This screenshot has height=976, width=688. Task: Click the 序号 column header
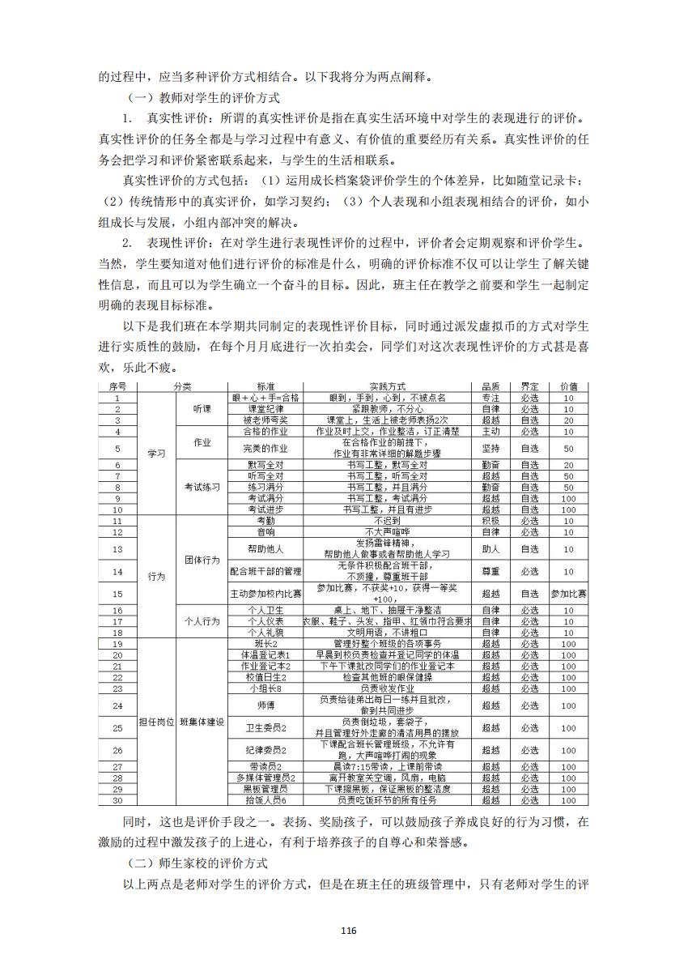[118, 387]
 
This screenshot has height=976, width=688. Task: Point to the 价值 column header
[568, 387]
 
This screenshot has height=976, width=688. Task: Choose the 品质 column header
[491, 387]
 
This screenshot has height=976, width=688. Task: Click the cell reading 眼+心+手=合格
[265, 398]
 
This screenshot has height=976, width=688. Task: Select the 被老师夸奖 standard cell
[265, 420]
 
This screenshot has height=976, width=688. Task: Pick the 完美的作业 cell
[265, 448]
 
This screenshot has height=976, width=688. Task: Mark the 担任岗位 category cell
[157, 722]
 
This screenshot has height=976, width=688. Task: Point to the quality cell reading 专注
[491, 398]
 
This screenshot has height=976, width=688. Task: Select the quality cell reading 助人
[491, 549]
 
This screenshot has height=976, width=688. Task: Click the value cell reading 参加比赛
[568, 594]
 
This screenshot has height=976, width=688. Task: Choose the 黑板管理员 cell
[265, 789]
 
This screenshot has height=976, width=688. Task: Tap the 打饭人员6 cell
[265, 800]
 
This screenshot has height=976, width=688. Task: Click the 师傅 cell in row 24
[265, 705]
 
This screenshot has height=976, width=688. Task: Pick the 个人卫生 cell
[265, 610]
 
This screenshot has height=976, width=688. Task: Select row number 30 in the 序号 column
[118, 800]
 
